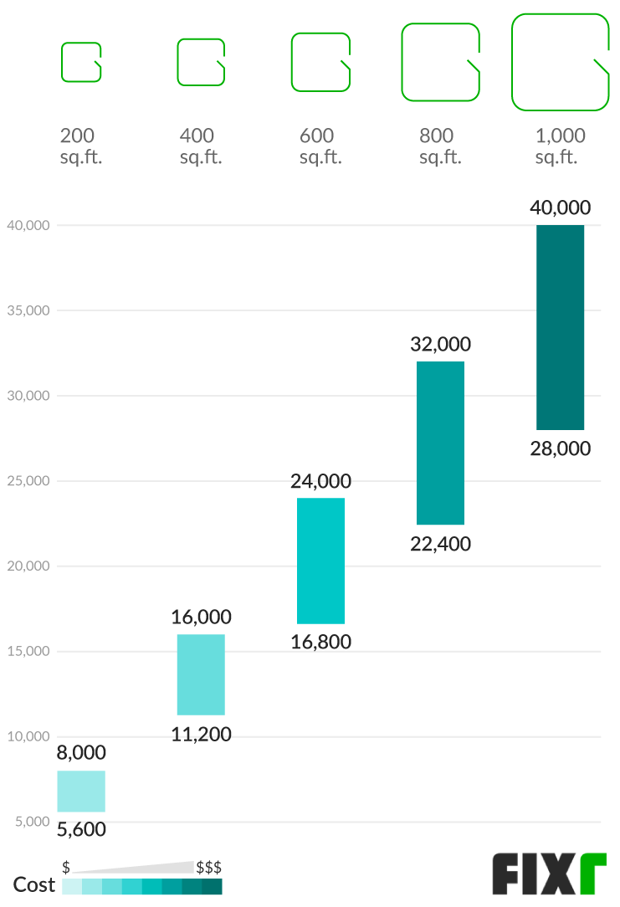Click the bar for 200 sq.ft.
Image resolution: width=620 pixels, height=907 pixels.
tap(81, 791)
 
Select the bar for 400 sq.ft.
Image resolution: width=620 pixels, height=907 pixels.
tap(201, 674)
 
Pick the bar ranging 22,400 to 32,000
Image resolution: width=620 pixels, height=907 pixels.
tap(440, 443)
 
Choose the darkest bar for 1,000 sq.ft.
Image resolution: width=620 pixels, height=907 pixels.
tap(560, 327)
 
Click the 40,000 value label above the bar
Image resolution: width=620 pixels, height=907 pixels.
tap(560, 208)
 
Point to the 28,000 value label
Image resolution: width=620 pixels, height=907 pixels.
tap(560, 448)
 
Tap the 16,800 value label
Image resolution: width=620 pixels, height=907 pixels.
tap(320, 643)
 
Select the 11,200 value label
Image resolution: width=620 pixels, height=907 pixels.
tap(201, 735)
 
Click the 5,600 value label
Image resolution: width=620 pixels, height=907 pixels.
tap(81, 829)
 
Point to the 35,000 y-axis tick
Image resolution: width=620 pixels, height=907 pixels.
tap(28, 310)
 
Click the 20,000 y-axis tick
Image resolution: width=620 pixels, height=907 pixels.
tap(28, 566)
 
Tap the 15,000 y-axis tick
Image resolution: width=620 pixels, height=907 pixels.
tap(28, 652)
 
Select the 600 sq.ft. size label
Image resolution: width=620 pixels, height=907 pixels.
tap(320, 146)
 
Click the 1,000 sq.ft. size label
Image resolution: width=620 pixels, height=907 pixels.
tap(560, 146)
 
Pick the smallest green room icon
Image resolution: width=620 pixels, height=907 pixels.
tap(81, 62)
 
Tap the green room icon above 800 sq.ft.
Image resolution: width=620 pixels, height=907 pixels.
tap(440, 62)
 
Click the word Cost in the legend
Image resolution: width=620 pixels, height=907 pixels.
tap(34, 884)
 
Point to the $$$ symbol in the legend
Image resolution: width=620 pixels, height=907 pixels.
tap(208, 867)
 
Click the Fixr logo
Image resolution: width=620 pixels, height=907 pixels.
tap(548, 874)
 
